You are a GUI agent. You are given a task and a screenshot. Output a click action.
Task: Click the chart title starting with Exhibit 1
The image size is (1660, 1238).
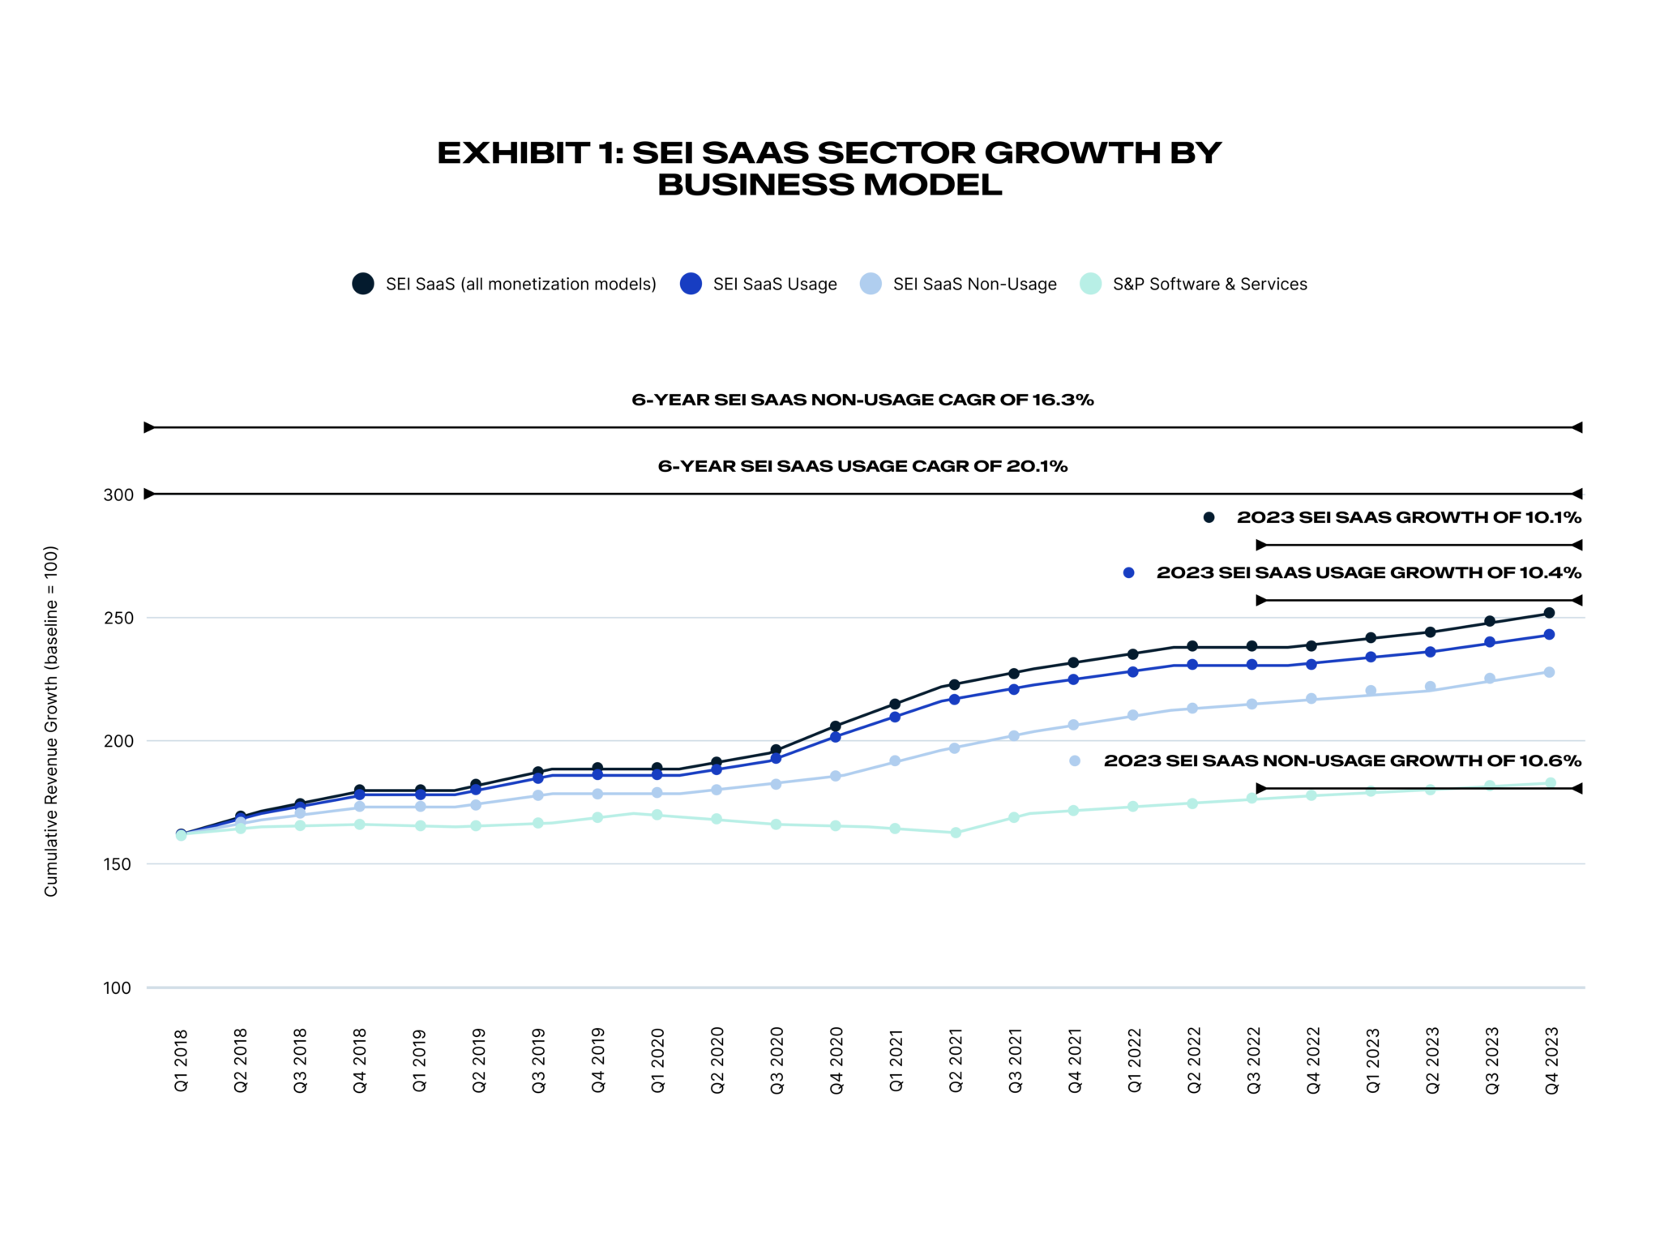[829, 169]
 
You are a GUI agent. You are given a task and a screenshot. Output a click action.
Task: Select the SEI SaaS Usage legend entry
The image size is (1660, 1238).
[774, 284]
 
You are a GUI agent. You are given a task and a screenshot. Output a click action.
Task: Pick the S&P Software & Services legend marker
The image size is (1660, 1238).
[1090, 284]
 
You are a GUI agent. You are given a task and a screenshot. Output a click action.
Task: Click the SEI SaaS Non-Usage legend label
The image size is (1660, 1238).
[974, 284]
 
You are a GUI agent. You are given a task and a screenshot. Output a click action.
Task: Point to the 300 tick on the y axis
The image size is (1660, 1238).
[118, 495]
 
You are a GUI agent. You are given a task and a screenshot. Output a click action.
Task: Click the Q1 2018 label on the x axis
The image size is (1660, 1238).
[181, 1060]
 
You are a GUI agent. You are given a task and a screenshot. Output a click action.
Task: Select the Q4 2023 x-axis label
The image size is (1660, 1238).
[1551, 1060]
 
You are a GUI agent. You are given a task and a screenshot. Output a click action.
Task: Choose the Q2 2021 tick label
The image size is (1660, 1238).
[956, 1060]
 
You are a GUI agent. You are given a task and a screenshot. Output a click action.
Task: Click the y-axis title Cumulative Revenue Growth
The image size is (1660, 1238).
[51, 721]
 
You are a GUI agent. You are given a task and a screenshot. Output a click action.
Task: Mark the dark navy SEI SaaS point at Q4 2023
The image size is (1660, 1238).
[1549, 613]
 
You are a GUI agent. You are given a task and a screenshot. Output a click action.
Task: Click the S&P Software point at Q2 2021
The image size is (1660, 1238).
[956, 833]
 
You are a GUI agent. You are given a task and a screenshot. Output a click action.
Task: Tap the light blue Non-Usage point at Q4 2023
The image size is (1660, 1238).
[1549, 672]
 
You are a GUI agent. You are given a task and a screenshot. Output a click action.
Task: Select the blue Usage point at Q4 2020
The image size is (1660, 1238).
[836, 737]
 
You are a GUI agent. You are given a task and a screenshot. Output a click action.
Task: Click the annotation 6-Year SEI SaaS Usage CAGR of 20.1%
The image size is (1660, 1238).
[862, 466]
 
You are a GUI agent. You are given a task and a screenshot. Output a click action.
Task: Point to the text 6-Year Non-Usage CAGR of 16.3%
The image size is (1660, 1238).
[862, 400]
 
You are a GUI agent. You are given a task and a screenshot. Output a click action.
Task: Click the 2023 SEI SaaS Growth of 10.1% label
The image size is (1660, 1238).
[1409, 517]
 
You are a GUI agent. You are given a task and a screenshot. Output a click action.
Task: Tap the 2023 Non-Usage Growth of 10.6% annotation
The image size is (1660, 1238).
[1342, 760]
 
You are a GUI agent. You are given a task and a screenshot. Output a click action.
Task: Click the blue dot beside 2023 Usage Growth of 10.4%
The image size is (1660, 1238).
[1128, 573]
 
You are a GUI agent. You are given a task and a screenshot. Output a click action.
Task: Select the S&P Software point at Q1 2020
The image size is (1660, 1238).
[657, 815]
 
